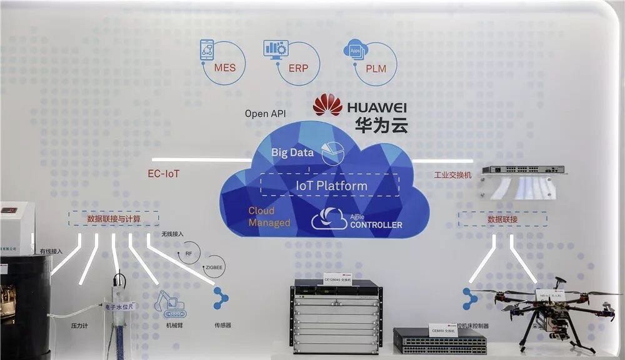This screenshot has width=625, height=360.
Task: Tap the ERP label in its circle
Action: pos(298,67)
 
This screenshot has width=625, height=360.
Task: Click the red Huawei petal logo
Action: pos(327,104)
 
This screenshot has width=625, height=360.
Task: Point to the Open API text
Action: pos(265,114)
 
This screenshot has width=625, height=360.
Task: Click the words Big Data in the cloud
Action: pos(291,152)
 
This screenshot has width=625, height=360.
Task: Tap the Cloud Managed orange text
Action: pos(269,217)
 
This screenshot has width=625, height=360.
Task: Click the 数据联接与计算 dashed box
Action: pos(114,219)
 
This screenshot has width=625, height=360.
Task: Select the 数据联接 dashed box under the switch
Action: pos(502,219)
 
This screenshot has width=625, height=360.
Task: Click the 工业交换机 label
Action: pos(452,175)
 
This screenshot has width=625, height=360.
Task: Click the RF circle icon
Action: pos(188,253)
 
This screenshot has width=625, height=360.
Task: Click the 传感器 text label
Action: pos(223,326)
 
